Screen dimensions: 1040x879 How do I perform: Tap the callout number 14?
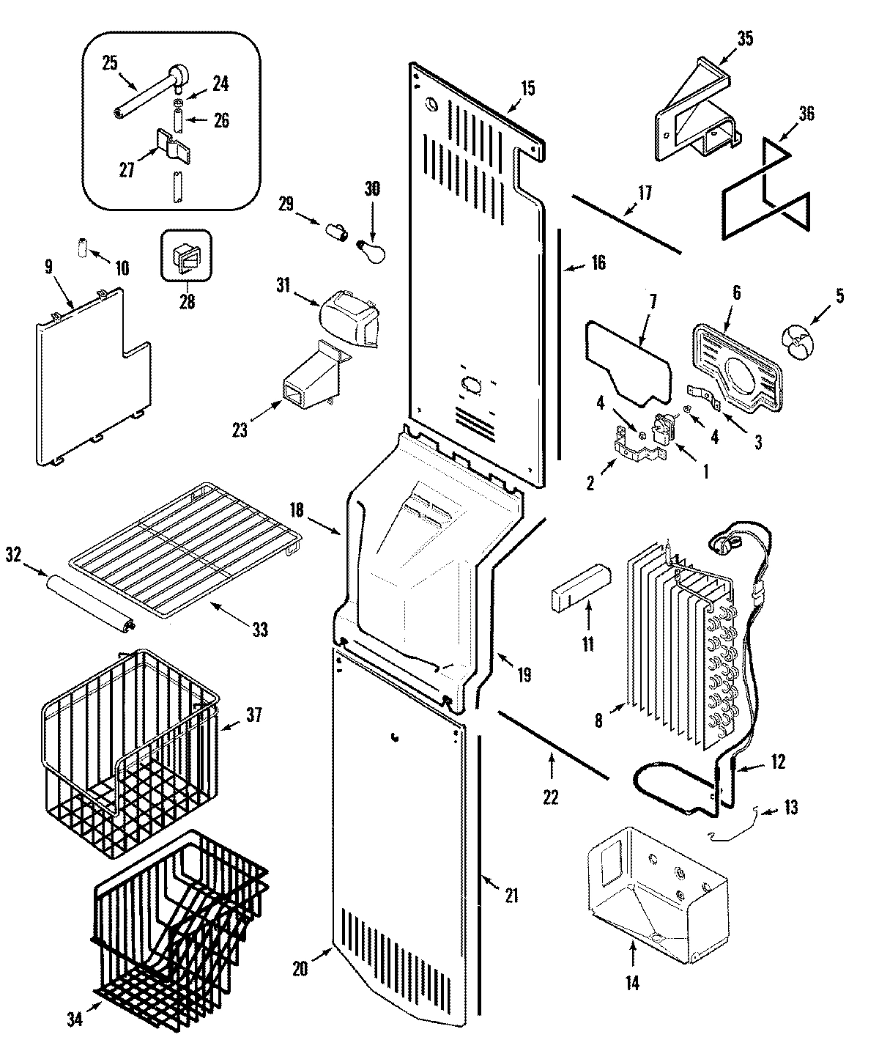(x=632, y=984)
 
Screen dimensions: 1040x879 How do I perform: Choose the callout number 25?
(x=109, y=63)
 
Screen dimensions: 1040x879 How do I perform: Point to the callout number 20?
(x=300, y=968)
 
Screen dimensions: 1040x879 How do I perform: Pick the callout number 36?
(x=806, y=114)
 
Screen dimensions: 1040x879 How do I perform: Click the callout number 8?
(x=598, y=721)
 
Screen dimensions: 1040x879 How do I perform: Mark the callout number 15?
(x=527, y=89)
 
